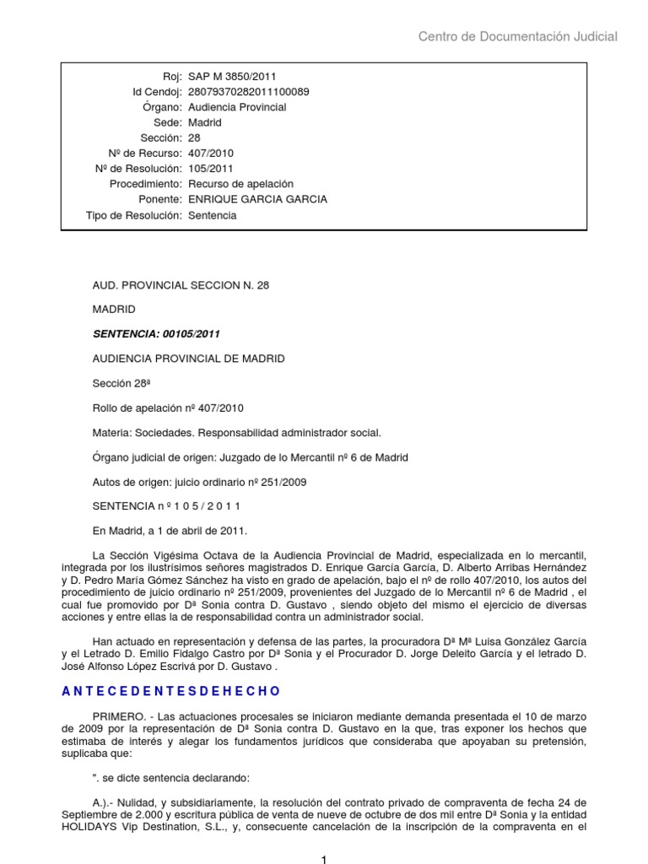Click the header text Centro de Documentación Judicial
point(518,36)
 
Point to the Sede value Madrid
point(205,122)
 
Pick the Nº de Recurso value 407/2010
point(211,154)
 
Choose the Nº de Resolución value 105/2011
point(211,169)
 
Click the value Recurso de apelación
point(240,184)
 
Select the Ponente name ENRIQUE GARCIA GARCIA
point(257,199)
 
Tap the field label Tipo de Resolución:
point(134,215)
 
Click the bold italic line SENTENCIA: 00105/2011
point(156,334)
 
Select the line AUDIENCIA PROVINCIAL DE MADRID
point(188,359)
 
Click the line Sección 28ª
point(121,383)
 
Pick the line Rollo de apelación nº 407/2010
point(168,408)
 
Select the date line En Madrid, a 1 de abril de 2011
point(170,531)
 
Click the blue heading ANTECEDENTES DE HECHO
point(171,691)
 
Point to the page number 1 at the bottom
point(323,858)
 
